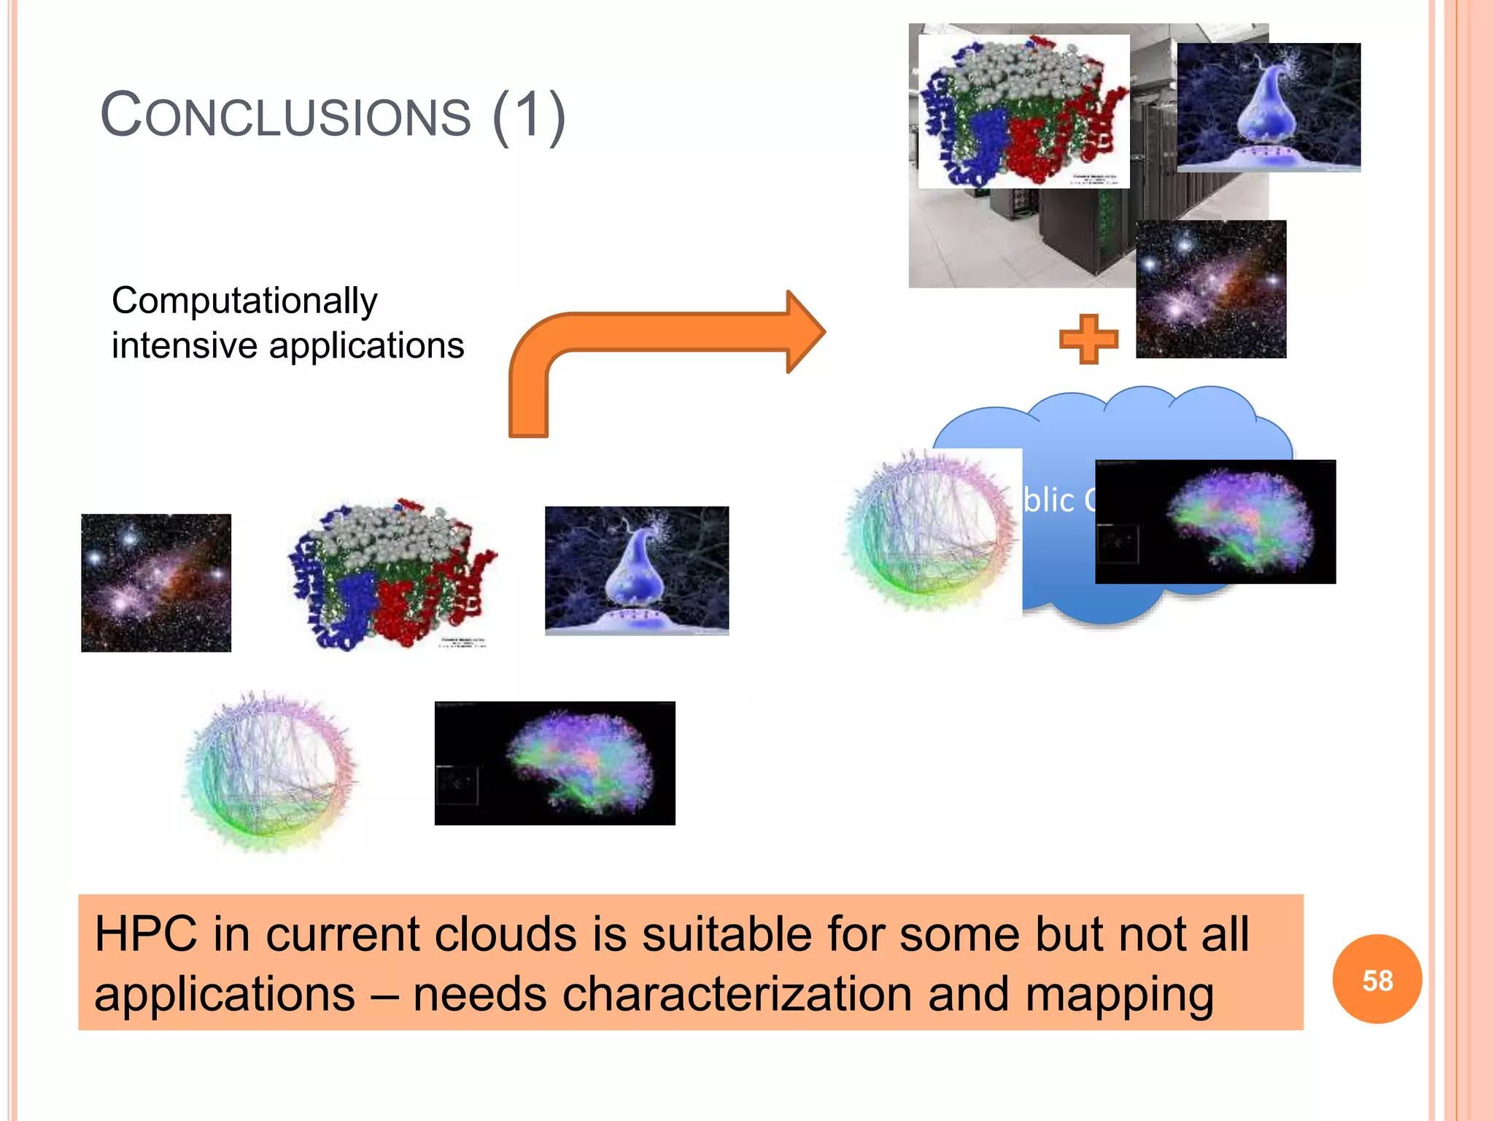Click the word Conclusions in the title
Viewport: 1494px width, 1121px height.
point(286,115)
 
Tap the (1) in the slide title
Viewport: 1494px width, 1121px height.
point(529,115)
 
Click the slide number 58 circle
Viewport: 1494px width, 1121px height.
point(1377,979)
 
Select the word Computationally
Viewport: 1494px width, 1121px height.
point(244,301)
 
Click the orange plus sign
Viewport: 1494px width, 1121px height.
point(1088,339)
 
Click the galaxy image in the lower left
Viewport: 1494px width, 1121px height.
point(156,582)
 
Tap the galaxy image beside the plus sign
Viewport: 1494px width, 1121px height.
point(1211,289)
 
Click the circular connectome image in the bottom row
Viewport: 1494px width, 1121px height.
point(270,772)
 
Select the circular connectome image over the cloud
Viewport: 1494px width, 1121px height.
point(930,531)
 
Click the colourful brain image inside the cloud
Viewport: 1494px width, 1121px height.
point(1215,521)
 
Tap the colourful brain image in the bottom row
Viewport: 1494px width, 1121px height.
point(554,763)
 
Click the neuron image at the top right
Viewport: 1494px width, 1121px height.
point(1269,107)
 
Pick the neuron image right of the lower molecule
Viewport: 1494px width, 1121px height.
point(636,570)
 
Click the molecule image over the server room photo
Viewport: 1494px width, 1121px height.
point(1023,111)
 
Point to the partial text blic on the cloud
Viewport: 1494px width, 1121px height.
point(1048,501)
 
